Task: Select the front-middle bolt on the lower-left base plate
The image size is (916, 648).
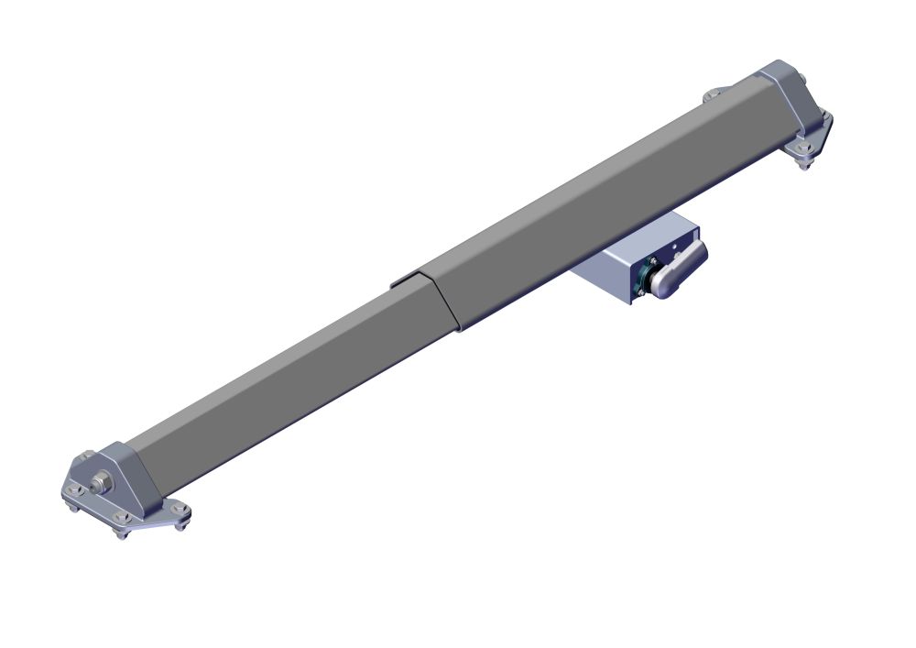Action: pyautogui.click(x=120, y=531)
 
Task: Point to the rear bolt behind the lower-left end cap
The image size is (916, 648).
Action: pyautogui.click(x=85, y=456)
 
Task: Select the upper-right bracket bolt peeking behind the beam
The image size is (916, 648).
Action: pyautogui.click(x=710, y=95)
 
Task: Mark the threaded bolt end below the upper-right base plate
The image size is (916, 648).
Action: pyautogui.click(x=804, y=165)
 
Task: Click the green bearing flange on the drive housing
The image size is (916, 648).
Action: pyautogui.click(x=652, y=277)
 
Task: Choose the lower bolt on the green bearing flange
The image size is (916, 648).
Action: pyautogui.click(x=641, y=292)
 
